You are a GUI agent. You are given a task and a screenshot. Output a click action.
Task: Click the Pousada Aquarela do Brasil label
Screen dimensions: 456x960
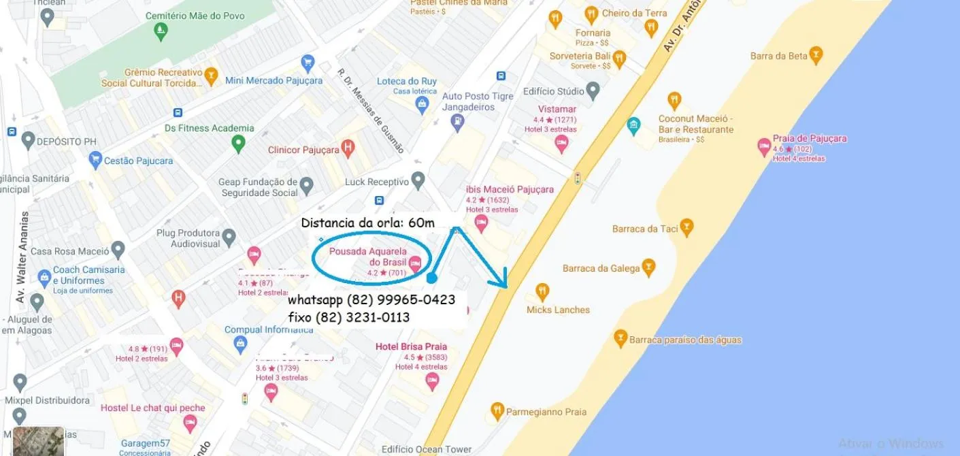pos(367,257)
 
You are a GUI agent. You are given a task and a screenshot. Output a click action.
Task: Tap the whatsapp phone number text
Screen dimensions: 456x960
pos(371,299)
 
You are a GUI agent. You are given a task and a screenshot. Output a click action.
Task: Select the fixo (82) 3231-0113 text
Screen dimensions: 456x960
pos(349,317)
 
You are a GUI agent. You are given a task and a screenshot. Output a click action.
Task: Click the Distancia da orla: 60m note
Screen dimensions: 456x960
pos(367,223)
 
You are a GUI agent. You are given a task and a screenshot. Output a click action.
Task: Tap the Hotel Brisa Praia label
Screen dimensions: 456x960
pos(411,346)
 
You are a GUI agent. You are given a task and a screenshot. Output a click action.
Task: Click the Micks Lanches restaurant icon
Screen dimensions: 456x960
pos(542,291)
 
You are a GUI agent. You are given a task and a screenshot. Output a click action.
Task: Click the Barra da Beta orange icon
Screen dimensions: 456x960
pos(816,55)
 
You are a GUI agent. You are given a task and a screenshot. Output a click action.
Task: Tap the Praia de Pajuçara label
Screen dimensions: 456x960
pos(810,138)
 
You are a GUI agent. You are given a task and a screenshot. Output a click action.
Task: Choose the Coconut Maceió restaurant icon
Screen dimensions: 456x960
pos(674,100)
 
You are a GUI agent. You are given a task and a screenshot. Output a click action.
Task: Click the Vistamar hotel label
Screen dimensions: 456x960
pos(557,109)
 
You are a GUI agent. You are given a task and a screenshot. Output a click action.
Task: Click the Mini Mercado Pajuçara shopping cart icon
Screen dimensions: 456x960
pos(308,63)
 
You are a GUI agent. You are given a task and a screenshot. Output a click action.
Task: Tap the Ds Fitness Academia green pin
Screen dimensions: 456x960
pos(237,143)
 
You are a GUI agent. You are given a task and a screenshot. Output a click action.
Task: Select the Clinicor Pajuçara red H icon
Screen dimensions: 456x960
pos(348,148)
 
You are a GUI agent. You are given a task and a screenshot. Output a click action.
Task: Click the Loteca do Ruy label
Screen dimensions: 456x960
pos(407,82)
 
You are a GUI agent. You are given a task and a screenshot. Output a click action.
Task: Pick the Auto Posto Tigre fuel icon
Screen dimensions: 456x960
pos(457,123)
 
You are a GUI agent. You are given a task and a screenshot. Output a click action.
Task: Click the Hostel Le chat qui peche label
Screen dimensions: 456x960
pos(152,408)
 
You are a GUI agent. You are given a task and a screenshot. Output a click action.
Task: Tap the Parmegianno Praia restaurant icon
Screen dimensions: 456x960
pos(497,410)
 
